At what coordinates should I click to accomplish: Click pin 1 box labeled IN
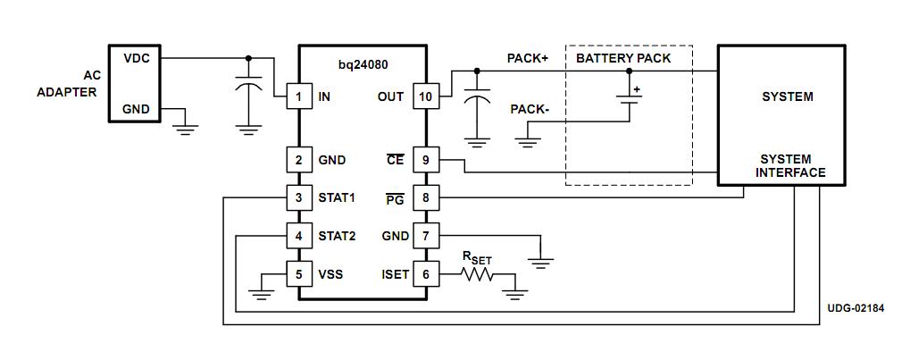pyautogui.click(x=299, y=96)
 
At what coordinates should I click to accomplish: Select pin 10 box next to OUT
pyautogui.click(x=426, y=96)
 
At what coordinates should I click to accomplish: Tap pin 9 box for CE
pyautogui.click(x=426, y=161)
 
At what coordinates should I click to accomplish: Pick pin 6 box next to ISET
pyautogui.click(x=426, y=274)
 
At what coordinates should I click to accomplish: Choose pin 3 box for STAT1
pyautogui.click(x=299, y=198)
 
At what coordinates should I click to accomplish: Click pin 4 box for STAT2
pyautogui.click(x=299, y=237)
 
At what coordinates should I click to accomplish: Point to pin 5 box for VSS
pyautogui.click(x=299, y=274)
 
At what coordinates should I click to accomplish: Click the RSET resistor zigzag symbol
pyautogui.click(x=477, y=274)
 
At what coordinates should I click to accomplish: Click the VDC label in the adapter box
pyautogui.click(x=136, y=58)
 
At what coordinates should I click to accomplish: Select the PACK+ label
pyautogui.click(x=528, y=58)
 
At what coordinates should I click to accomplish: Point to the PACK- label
pyautogui.click(x=530, y=109)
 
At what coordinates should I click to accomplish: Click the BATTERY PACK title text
pyautogui.click(x=623, y=58)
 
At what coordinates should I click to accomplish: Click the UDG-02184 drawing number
pyautogui.click(x=855, y=308)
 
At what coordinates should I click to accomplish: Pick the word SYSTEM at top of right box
pyautogui.click(x=787, y=96)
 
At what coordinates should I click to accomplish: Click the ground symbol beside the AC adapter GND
pyautogui.click(x=186, y=126)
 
